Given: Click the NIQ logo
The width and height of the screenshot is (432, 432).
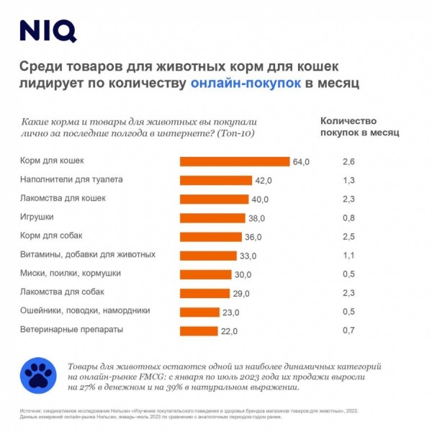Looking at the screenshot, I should click(x=48, y=32).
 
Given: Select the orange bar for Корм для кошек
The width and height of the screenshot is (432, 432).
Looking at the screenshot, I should click(x=235, y=161).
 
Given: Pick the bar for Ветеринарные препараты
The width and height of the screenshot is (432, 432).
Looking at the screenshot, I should click(x=199, y=330).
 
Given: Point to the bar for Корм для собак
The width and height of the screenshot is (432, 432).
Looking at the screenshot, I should click(x=210, y=237).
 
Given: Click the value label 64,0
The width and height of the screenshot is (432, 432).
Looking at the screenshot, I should click(x=301, y=162).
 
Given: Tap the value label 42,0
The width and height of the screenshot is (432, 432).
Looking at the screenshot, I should click(x=264, y=181).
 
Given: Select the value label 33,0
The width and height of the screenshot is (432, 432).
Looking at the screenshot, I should click(x=248, y=256).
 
